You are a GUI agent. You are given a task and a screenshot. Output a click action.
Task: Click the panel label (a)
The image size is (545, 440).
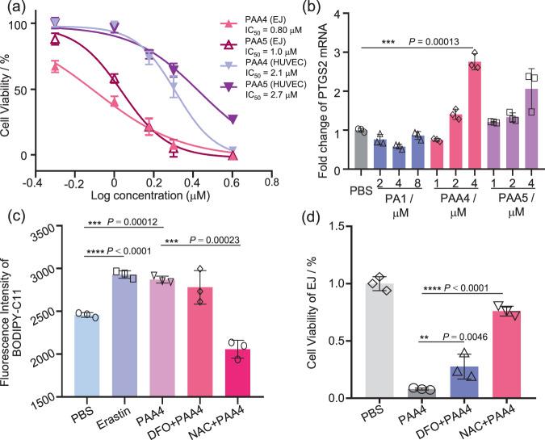pos(15,10)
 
